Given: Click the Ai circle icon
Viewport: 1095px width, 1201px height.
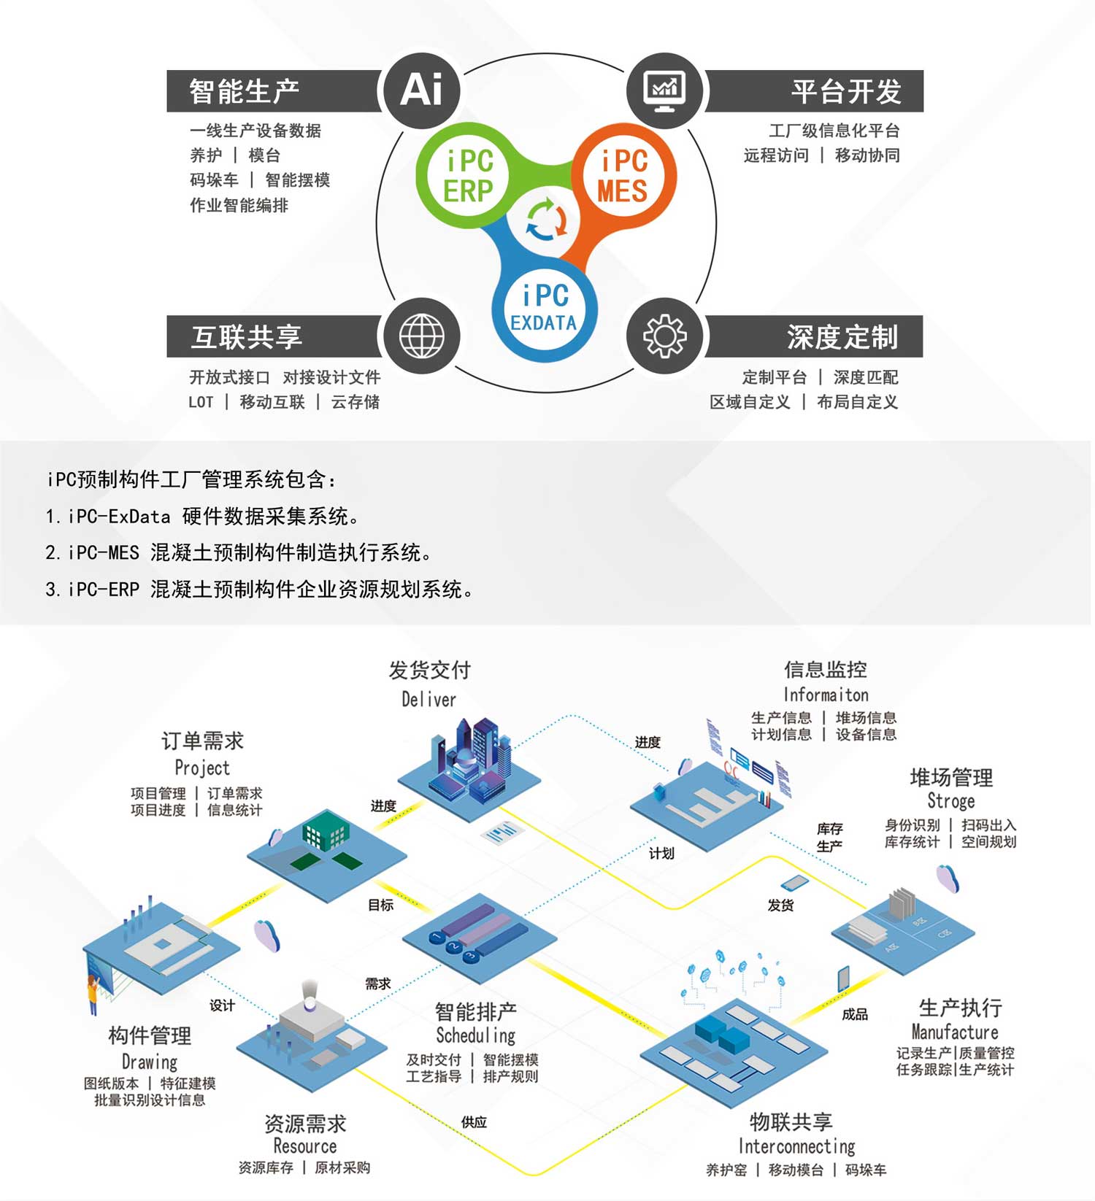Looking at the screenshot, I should coord(421,90).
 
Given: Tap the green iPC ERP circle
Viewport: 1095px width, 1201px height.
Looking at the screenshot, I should coord(468,176).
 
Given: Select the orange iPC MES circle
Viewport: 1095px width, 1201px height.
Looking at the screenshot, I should coord(623,176).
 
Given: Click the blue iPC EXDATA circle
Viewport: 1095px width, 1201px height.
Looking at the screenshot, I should coord(544,309).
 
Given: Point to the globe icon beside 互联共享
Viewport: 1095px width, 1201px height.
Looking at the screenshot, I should coord(421,336).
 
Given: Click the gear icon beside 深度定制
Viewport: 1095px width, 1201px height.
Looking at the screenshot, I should coord(664,336).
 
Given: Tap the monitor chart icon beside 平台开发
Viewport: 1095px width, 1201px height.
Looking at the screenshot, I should coord(664,90).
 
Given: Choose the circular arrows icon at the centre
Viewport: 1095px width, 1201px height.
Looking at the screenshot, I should coord(546,220).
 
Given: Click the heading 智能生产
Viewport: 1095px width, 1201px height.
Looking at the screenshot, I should coord(244,91).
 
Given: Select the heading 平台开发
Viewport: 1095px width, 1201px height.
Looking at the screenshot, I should coord(846,91).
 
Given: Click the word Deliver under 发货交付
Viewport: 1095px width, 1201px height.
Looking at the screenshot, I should coord(429,699).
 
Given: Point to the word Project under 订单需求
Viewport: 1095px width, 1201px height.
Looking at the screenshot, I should coord(202,768).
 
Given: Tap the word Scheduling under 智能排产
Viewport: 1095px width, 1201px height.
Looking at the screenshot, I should coord(475,1035).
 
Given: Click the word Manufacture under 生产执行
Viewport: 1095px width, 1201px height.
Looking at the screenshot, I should coord(954,1032).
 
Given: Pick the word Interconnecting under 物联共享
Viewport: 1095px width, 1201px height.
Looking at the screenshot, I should coord(796,1146).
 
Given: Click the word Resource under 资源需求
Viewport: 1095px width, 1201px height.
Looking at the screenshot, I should coord(304,1146).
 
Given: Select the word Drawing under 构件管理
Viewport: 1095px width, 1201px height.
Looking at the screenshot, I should coord(150,1062).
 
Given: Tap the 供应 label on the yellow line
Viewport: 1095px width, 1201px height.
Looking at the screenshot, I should coord(474,1122).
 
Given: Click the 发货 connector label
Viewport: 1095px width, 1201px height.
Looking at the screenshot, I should coord(780,905).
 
